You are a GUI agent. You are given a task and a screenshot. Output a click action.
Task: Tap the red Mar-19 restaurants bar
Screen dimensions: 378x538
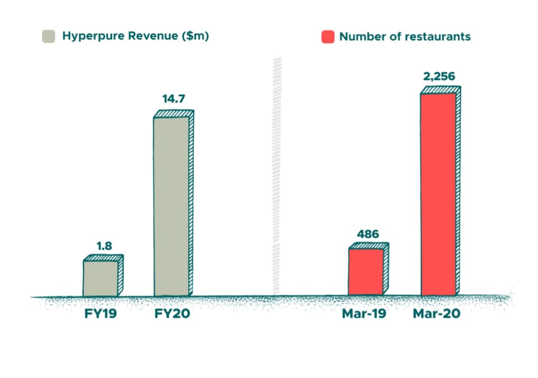(x=366, y=272)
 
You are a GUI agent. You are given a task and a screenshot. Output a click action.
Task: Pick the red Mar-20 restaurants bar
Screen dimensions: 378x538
(x=438, y=193)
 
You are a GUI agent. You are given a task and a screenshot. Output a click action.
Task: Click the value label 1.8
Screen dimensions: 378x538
(x=103, y=246)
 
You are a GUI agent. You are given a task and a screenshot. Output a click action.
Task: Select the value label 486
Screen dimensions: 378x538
(x=368, y=233)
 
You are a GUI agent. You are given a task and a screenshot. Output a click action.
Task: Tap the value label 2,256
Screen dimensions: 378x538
(x=440, y=76)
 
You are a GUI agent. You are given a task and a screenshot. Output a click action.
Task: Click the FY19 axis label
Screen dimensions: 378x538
(x=101, y=313)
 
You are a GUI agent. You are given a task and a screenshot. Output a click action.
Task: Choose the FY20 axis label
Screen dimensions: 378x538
(x=172, y=313)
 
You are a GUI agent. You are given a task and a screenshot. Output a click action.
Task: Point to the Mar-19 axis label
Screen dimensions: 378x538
(x=364, y=313)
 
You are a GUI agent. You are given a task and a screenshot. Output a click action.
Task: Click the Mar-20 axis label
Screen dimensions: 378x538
(x=436, y=313)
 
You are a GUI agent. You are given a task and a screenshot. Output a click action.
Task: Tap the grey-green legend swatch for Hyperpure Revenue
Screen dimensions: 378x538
(x=49, y=37)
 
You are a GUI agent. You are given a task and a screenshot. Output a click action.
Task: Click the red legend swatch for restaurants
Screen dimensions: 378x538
(x=327, y=37)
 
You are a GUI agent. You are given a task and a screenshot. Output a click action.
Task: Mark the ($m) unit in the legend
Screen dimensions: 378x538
(x=195, y=37)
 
